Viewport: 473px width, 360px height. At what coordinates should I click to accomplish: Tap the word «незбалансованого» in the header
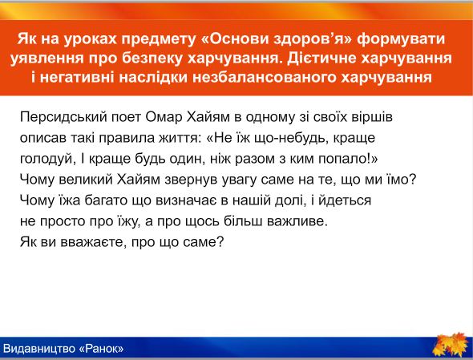click(x=265, y=78)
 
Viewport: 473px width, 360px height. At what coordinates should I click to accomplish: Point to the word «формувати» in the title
click(x=401, y=39)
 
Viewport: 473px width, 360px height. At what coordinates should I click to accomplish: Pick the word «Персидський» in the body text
click(x=63, y=117)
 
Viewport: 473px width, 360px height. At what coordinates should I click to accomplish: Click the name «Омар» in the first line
click(x=164, y=117)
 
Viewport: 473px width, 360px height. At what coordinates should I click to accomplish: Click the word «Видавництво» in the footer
click(x=39, y=349)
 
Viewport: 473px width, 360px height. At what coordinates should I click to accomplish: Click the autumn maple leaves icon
click(x=451, y=345)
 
